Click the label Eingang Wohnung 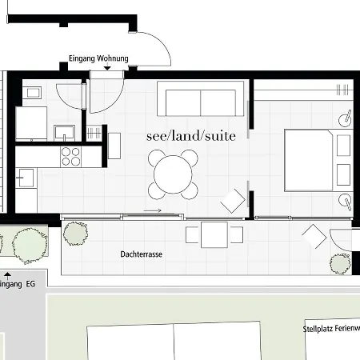click(x=99, y=58)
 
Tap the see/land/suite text click(x=191, y=136)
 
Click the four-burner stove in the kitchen click(x=71, y=155)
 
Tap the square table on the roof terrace click(x=214, y=235)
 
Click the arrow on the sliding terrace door click(x=153, y=211)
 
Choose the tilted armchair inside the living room click(x=234, y=200)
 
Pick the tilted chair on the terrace click(x=312, y=236)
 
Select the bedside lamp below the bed click(x=346, y=201)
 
